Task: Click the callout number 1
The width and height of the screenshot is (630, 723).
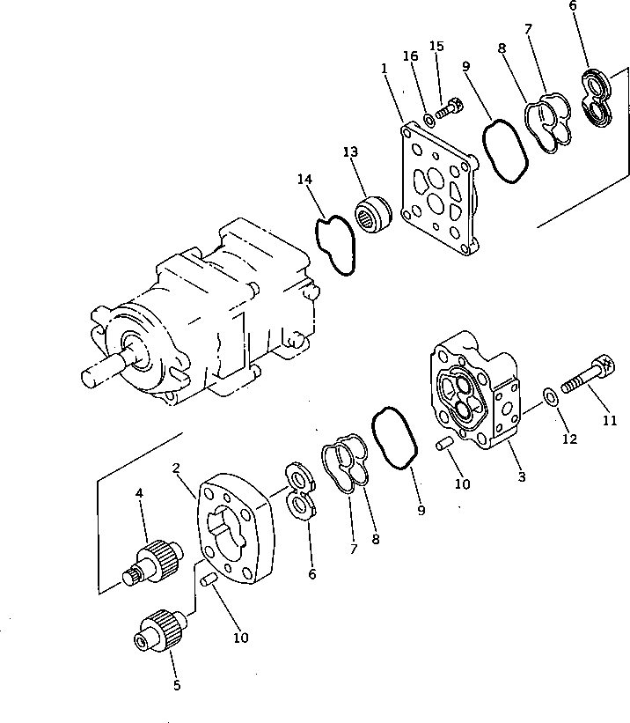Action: (x=384, y=67)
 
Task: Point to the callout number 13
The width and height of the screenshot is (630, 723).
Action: (x=350, y=152)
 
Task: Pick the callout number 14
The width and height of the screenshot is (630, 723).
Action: (x=304, y=180)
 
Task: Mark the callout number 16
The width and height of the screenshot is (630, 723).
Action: (x=410, y=56)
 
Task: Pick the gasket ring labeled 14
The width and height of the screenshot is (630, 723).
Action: (x=334, y=245)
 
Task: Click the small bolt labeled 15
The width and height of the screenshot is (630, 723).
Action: (x=449, y=110)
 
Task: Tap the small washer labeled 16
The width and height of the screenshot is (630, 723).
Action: (x=429, y=117)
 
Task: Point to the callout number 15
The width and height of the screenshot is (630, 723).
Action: (x=437, y=45)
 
